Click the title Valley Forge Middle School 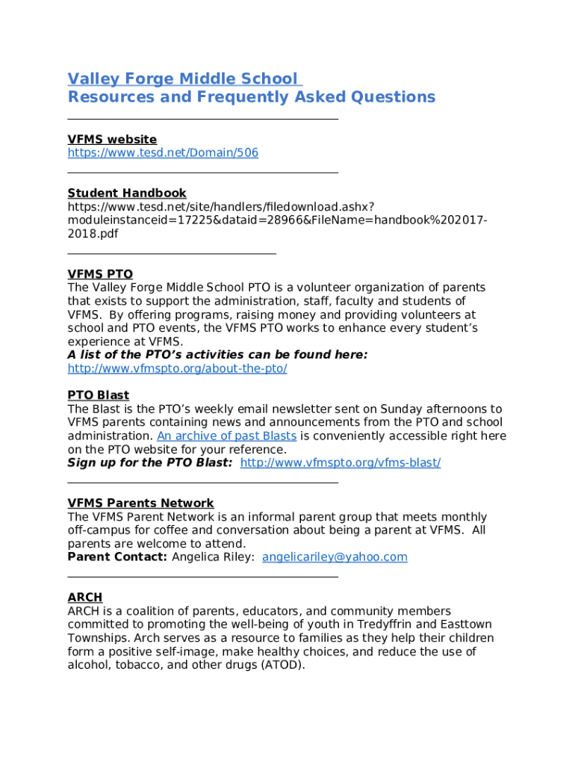pyautogui.click(x=183, y=79)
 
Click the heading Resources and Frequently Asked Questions pyautogui.click(x=251, y=97)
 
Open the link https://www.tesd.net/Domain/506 pyautogui.click(x=163, y=153)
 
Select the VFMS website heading pyautogui.click(x=112, y=140)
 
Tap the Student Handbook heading pyautogui.click(x=127, y=193)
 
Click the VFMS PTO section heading pyautogui.click(x=100, y=275)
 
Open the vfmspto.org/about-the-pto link pyautogui.click(x=177, y=369)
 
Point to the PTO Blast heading pyautogui.click(x=98, y=395)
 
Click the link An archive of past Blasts pyautogui.click(x=226, y=436)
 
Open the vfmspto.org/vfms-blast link pyautogui.click(x=340, y=463)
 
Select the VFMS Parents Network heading pyautogui.click(x=140, y=504)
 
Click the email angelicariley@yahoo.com pyautogui.click(x=335, y=557)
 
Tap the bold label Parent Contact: pyautogui.click(x=117, y=557)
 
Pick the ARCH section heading pyautogui.click(x=84, y=598)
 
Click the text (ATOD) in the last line pyautogui.click(x=279, y=665)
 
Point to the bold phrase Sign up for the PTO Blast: pyautogui.click(x=149, y=463)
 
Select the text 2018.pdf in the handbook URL pyautogui.click(x=93, y=234)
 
